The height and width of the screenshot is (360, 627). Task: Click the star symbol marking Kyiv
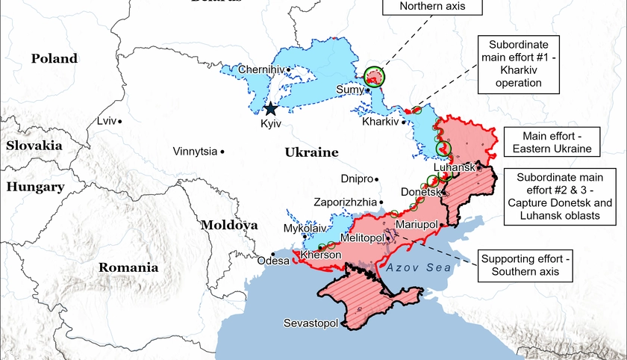(x=270, y=109)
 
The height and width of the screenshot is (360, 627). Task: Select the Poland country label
(x=54, y=58)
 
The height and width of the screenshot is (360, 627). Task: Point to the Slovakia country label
(x=34, y=146)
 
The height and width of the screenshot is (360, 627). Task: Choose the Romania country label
(x=129, y=267)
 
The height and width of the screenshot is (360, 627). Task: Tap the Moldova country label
(x=228, y=224)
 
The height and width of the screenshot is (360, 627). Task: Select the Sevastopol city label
(x=311, y=323)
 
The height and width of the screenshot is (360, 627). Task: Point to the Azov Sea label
(x=419, y=267)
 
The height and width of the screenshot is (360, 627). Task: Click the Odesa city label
(x=272, y=261)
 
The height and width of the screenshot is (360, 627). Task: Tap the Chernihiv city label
(x=261, y=69)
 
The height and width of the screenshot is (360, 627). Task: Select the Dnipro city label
(x=355, y=179)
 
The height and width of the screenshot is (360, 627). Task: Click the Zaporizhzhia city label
(x=343, y=202)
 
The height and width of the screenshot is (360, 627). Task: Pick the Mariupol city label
(x=416, y=223)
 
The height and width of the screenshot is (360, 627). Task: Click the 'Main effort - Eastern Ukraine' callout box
(x=552, y=141)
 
